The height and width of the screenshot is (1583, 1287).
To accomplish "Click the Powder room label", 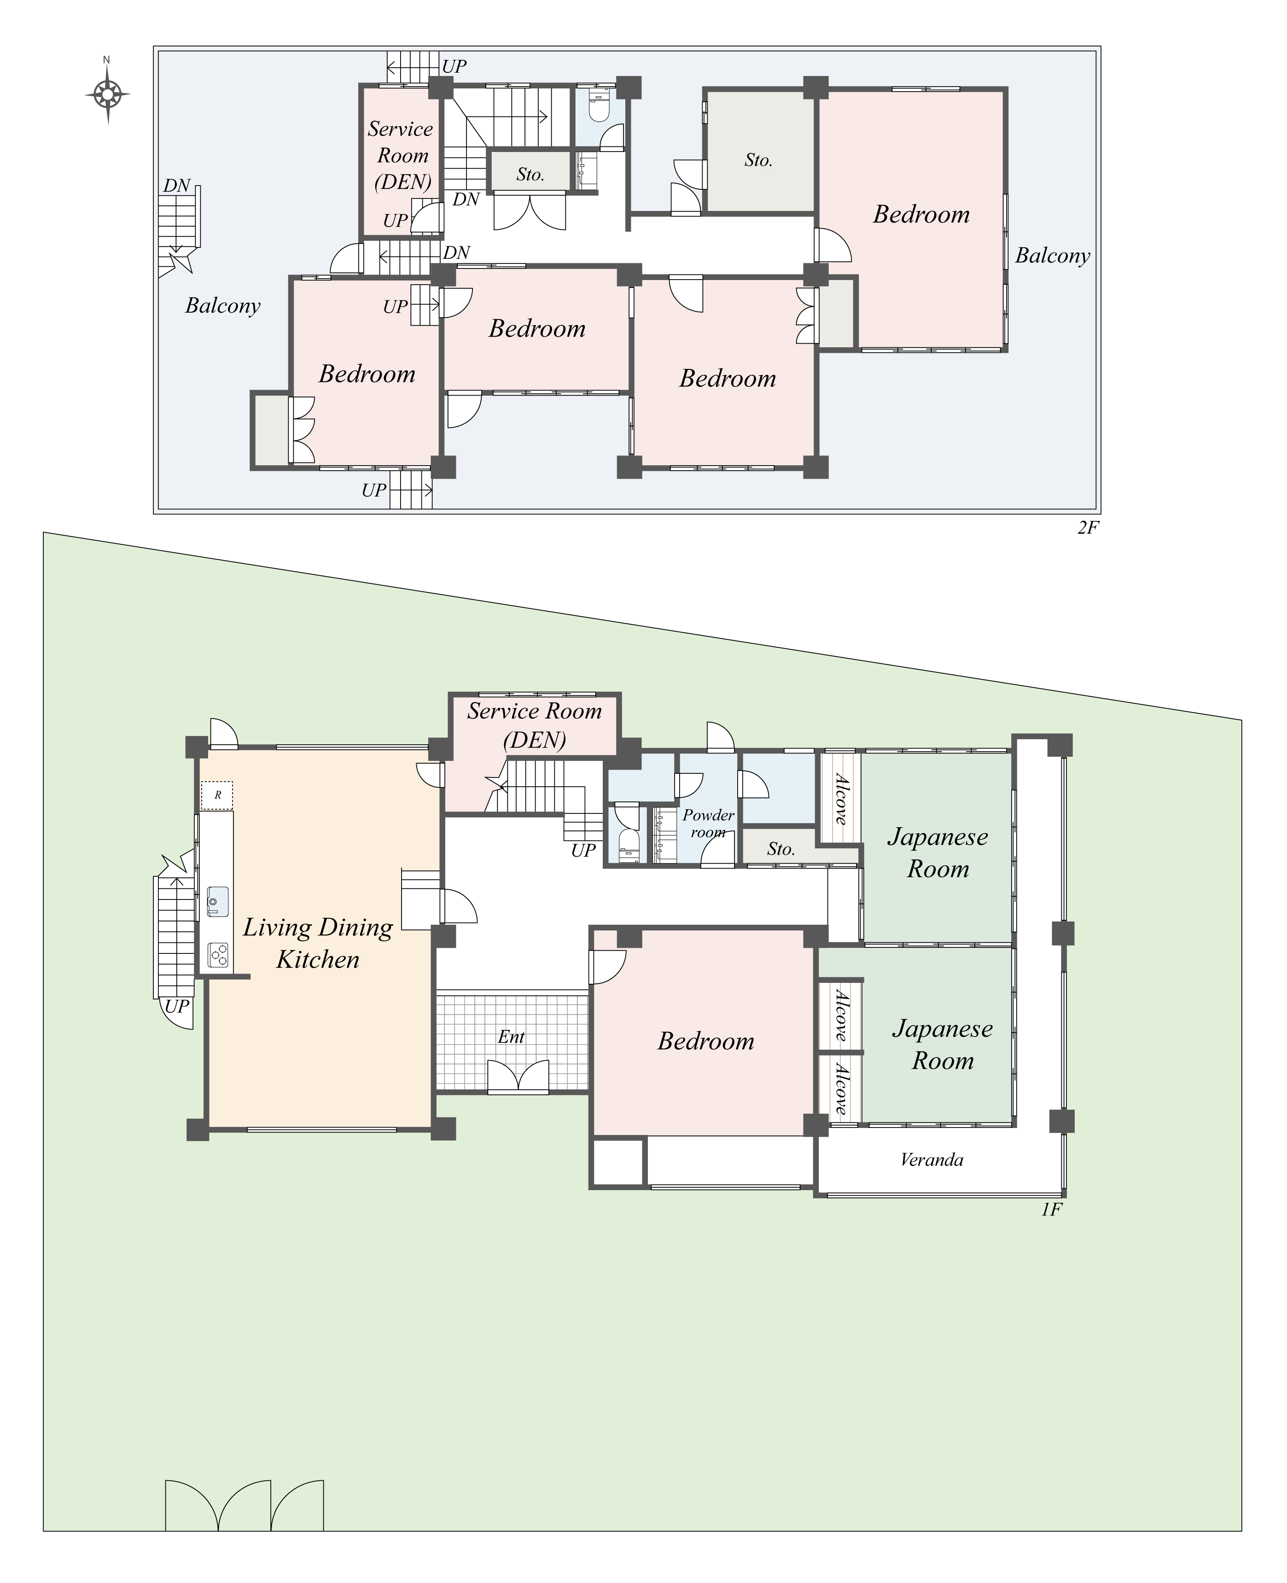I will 708,823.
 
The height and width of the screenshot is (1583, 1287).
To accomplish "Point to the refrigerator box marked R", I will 217,795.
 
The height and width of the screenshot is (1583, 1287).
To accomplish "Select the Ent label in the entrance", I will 511,1037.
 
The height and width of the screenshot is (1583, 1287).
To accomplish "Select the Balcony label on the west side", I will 222,305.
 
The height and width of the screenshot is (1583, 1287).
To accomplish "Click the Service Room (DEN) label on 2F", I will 401,156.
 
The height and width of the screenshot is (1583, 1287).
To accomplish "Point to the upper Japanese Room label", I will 938,853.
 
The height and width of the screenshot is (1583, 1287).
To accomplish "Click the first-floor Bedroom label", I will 706,1041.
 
